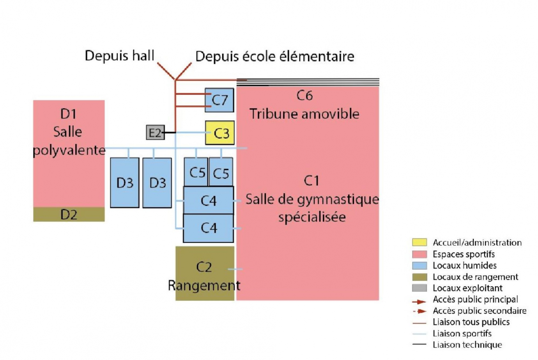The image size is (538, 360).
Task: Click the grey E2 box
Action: tap(155, 133)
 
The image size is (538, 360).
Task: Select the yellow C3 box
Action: tap(220, 133)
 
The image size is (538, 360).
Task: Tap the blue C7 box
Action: tap(219, 100)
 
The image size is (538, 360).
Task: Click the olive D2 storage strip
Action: tap(69, 215)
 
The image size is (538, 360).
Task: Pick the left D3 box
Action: tap(125, 183)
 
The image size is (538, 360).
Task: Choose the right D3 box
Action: tap(157, 183)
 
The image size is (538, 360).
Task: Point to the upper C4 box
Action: tap(209, 200)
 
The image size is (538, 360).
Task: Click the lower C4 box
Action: tap(209, 228)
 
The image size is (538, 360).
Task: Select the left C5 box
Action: tap(196, 172)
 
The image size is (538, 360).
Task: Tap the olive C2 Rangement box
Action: tap(204, 273)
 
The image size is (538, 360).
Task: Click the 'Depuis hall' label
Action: tap(119, 55)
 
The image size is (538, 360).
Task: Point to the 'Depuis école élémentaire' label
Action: tap(274, 56)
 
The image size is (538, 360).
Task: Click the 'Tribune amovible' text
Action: tap(304, 114)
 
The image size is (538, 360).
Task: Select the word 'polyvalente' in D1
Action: tap(69, 150)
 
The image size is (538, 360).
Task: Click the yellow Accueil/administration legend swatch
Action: tap(419, 242)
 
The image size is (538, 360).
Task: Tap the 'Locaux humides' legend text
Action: tap(464, 266)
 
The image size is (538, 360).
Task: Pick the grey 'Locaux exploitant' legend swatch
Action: tap(419, 288)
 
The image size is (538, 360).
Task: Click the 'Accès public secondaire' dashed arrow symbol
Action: tap(419, 311)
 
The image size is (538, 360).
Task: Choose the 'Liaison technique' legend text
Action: tap(467, 345)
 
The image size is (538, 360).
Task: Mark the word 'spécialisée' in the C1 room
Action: tap(312, 217)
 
